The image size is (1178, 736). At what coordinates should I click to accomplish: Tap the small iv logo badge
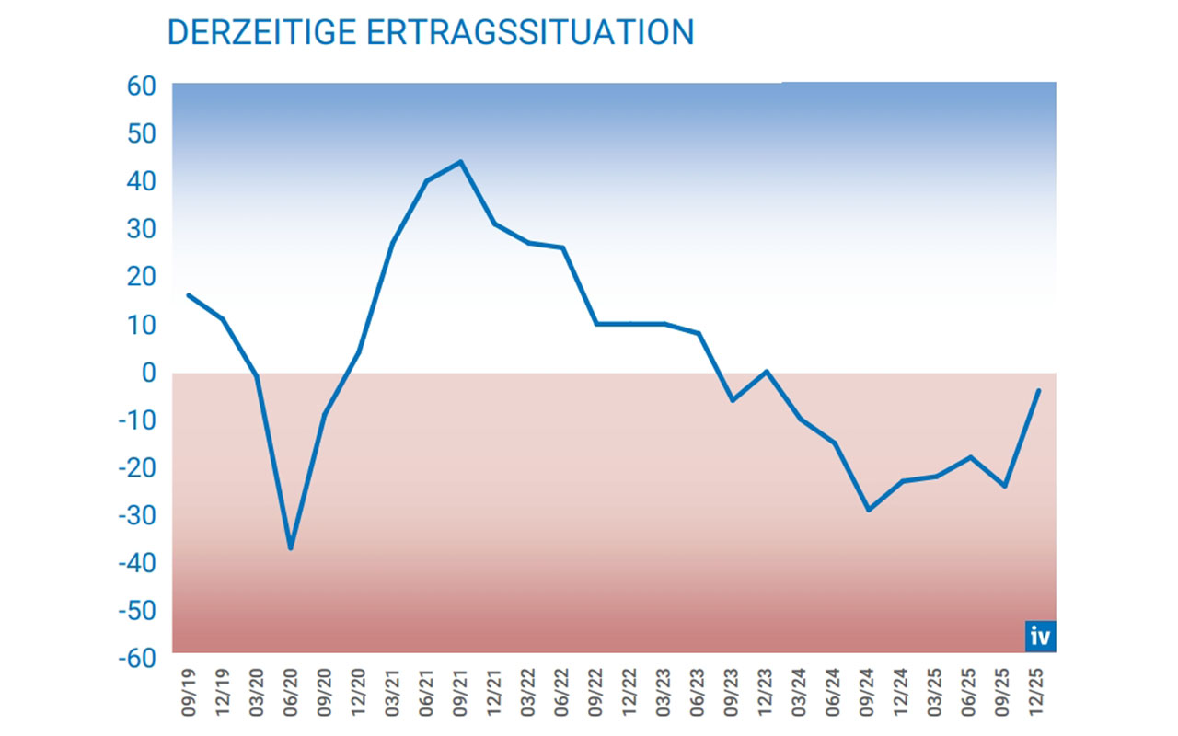(x=1040, y=636)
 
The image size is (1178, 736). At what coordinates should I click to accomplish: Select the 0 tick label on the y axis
(x=147, y=373)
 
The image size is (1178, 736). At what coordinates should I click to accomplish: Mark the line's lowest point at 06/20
(x=291, y=548)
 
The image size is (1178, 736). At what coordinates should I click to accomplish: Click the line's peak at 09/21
(x=460, y=162)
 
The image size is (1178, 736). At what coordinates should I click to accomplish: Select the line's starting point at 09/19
(x=189, y=295)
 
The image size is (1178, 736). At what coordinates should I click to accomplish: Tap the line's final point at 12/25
(x=1039, y=390)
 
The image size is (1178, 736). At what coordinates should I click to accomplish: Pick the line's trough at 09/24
(x=868, y=510)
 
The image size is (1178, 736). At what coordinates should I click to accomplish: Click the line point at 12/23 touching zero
(x=767, y=372)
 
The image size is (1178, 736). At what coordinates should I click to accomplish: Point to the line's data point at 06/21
(x=426, y=180)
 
